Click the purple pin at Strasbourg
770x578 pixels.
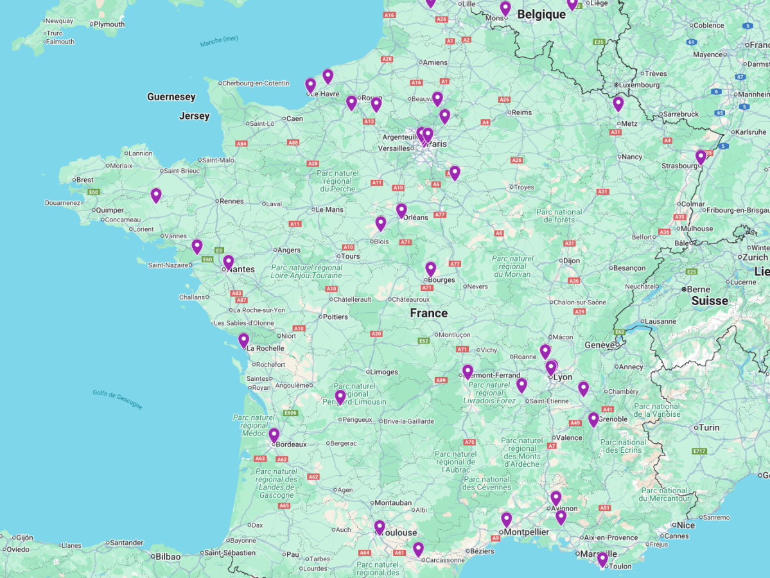(701, 157)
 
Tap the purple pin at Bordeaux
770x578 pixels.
(274, 435)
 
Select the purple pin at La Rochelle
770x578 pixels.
(243, 340)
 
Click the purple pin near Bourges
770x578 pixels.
(430, 269)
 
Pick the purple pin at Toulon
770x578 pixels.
(602, 559)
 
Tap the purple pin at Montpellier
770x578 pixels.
(507, 520)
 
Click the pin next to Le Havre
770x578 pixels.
(311, 85)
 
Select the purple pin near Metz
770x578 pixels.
(618, 103)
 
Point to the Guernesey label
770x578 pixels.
(171, 97)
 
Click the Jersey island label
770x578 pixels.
(194, 116)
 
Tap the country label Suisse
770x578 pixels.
(710, 301)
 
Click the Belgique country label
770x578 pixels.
(541, 15)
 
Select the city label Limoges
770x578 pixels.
(385, 372)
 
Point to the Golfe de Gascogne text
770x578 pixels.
(118, 399)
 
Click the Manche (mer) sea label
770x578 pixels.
(218, 41)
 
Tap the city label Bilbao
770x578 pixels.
(168, 556)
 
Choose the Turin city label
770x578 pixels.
(709, 427)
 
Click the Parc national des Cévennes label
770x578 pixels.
(487, 483)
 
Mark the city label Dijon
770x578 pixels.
(571, 261)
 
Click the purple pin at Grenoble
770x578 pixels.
(593, 419)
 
